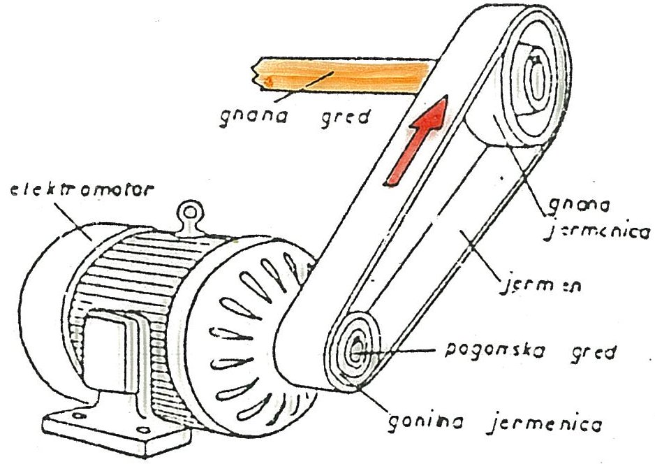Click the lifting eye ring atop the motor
[189, 213]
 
